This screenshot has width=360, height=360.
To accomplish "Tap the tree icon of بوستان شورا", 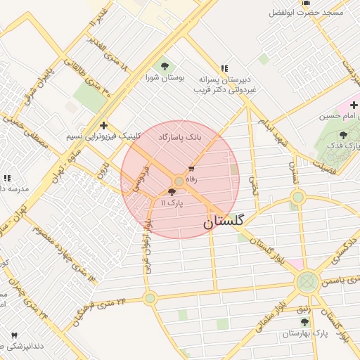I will tap(165, 67).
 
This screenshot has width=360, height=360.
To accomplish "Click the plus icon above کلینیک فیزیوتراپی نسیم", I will tap(103, 124).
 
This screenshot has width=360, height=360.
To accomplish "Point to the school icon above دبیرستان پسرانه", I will tap(224, 68).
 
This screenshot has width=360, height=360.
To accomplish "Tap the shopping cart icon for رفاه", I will tap(191, 169).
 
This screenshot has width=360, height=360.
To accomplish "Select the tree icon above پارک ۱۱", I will tap(172, 191).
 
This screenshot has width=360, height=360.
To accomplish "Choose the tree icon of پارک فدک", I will tap(343, 135).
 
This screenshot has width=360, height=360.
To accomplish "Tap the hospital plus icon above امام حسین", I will tap(354, 105).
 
